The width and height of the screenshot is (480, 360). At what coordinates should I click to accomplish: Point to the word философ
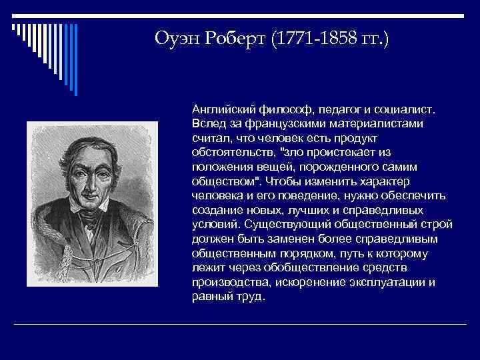273,109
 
